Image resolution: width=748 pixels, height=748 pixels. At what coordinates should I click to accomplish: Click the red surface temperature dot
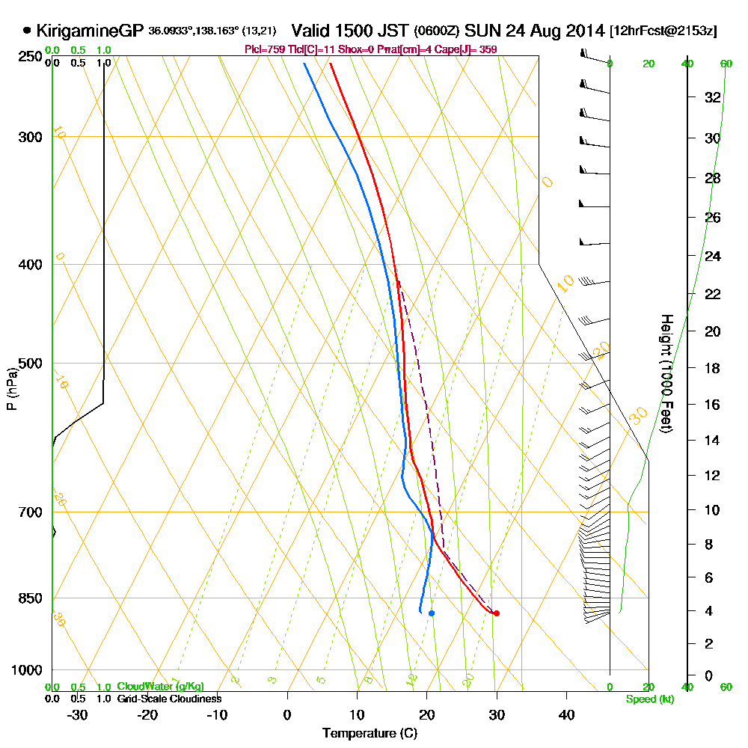point(496,613)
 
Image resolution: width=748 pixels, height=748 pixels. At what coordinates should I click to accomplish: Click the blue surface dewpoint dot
point(432,613)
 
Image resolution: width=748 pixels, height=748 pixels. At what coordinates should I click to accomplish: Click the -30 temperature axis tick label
point(77,714)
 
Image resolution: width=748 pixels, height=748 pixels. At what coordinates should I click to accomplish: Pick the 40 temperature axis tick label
point(566,714)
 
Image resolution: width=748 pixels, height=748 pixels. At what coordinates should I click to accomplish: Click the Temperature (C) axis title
point(370,733)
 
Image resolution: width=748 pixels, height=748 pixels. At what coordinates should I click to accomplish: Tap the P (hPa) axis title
point(11,389)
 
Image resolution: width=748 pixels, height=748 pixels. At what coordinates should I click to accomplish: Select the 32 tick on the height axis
point(712,96)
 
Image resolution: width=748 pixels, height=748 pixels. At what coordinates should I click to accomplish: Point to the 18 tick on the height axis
point(712,368)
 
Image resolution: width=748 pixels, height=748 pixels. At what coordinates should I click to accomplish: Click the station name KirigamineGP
point(91,31)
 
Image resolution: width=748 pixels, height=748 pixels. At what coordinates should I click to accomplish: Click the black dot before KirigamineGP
point(28,31)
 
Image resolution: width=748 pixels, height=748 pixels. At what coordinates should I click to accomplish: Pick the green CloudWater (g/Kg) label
point(160,687)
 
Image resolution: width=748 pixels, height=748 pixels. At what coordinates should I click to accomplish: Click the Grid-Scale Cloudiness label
point(168,699)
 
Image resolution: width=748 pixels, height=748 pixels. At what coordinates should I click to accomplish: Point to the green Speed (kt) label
point(649,699)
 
